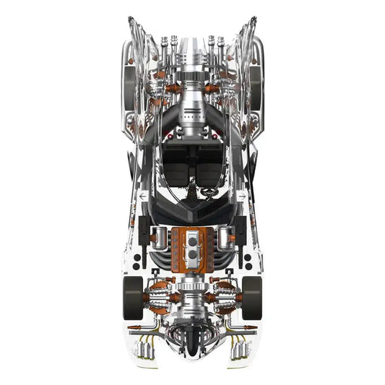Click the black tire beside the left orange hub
pyautogui.click(x=133, y=296)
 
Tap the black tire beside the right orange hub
pyautogui.click(x=252, y=296)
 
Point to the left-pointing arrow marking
pyautogui.click(x=144, y=196)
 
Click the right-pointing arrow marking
pyautogui.click(x=242, y=196)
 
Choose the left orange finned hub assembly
pyautogui.click(x=157, y=296)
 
